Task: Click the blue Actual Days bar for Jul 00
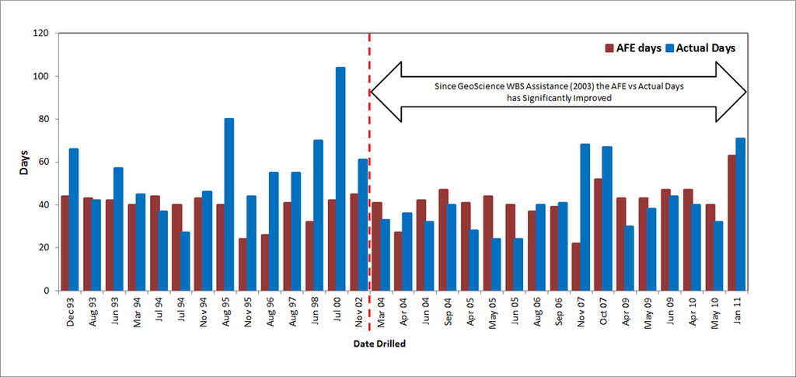click(x=340, y=179)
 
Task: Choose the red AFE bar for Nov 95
click(x=243, y=264)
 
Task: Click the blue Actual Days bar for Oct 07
click(x=607, y=218)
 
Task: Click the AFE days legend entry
click(x=633, y=48)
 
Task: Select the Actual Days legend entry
click(x=699, y=48)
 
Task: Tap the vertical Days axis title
click(x=24, y=162)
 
